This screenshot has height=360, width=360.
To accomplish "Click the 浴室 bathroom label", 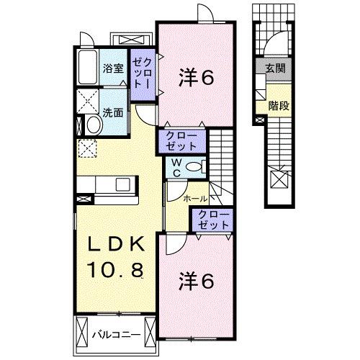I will [x=112, y=70].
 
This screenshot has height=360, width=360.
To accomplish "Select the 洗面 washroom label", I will [x=112, y=112].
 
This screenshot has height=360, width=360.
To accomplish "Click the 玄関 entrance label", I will [x=274, y=68].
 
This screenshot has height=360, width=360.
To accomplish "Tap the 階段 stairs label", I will [x=279, y=105].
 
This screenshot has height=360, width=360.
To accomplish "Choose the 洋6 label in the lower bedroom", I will [x=195, y=281].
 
